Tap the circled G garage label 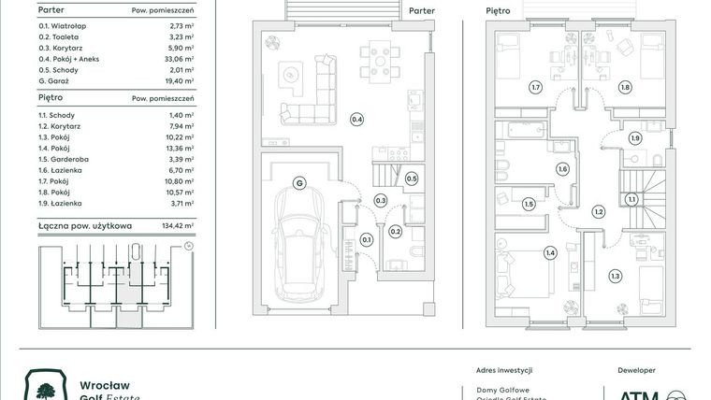pyautogui.click(x=299, y=182)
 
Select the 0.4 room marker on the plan pyautogui.click(x=355, y=119)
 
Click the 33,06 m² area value pyautogui.click(x=178, y=58)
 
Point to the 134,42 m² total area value pyautogui.click(x=176, y=225)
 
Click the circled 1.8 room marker pyautogui.click(x=624, y=87)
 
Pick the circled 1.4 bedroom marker pyautogui.click(x=549, y=252)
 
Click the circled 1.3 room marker pyautogui.click(x=615, y=276)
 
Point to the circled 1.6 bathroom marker pyautogui.click(x=562, y=169)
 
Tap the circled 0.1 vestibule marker pyautogui.click(x=366, y=240)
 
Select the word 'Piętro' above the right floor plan pyautogui.click(x=498, y=11)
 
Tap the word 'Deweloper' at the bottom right pyautogui.click(x=637, y=370)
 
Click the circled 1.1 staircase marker pyautogui.click(x=631, y=198)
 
